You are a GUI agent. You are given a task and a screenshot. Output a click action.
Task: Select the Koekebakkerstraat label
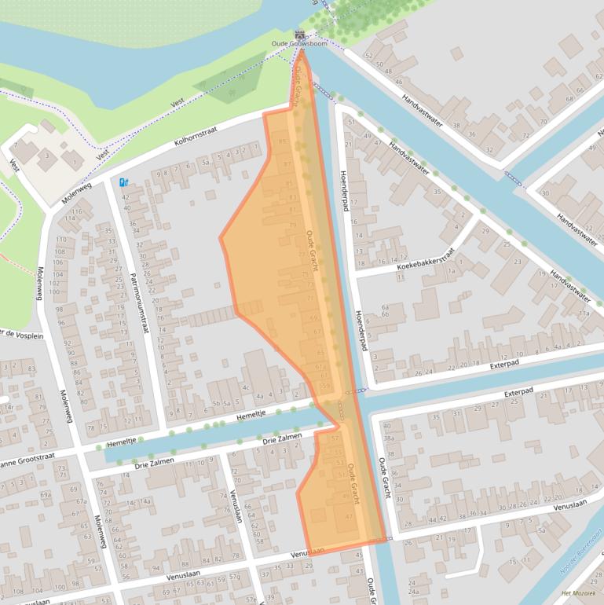426,260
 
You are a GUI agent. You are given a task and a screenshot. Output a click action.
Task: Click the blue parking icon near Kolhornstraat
123,182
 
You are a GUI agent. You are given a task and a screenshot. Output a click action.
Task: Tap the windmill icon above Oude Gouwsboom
299,34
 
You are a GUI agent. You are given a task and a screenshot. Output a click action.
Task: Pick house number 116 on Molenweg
77,212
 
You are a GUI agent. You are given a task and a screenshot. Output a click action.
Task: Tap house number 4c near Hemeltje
246,387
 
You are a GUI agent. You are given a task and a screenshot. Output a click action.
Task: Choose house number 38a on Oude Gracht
388,437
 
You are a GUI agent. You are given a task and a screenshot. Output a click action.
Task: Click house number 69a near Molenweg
46,495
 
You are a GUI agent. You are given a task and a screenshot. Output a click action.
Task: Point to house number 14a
145,501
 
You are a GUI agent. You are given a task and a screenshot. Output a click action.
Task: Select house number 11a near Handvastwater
584,313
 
